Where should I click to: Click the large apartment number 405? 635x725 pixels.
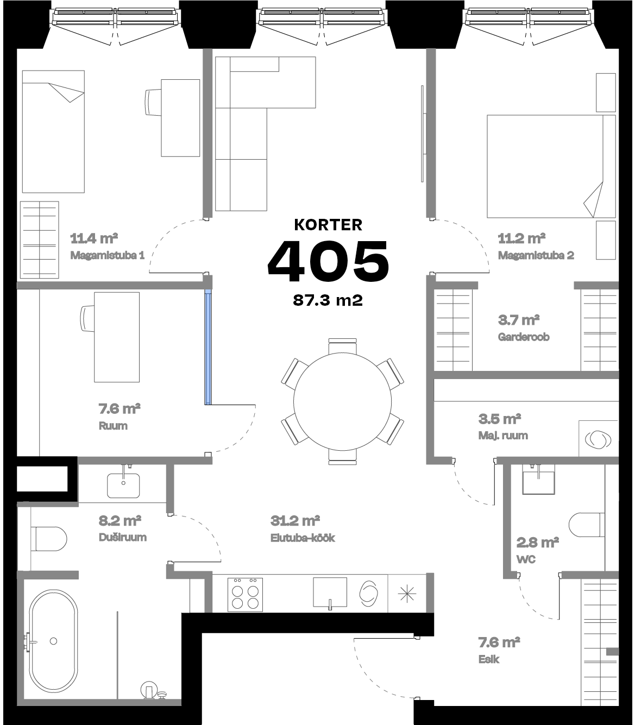[x=328, y=262]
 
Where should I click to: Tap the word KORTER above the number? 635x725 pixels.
[x=328, y=224]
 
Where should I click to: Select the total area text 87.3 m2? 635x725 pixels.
[x=328, y=300]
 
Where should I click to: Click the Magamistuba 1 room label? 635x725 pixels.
[x=107, y=255]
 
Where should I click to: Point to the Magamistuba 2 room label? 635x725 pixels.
[x=536, y=255]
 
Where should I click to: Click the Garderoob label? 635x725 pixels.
[x=524, y=337]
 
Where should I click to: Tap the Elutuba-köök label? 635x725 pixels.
[x=303, y=538]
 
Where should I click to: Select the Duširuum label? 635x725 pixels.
[x=122, y=538]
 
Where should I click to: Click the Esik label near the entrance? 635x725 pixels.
[x=488, y=660]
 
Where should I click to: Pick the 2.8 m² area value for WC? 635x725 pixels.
[x=538, y=542]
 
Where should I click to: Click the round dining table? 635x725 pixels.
[x=342, y=402]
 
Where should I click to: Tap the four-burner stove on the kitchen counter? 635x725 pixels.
[x=245, y=595]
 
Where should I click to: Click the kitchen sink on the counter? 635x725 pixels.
[x=330, y=593]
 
